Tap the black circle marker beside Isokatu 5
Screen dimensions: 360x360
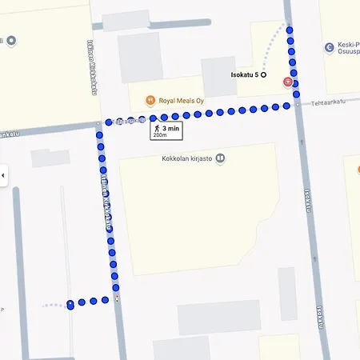click(x=264, y=75)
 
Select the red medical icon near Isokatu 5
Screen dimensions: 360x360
click(x=287, y=82)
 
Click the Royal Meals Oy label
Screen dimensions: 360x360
click(x=182, y=101)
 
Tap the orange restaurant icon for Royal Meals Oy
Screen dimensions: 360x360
click(x=150, y=100)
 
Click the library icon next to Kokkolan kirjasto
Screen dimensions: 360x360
click(x=221, y=158)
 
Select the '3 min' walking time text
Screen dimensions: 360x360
click(x=170, y=128)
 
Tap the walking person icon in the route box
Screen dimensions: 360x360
click(x=158, y=128)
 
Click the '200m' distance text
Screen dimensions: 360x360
click(x=160, y=135)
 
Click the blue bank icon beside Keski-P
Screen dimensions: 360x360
click(x=329, y=48)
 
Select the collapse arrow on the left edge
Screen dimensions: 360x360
click(x=3, y=175)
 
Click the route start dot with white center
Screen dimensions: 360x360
click(x=70, y=304)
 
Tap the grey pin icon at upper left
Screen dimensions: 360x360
click(x=10, y=40)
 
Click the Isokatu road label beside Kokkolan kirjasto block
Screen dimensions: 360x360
click(x=309, y=199)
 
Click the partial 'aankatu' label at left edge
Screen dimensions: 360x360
click(x=9, y=133)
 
